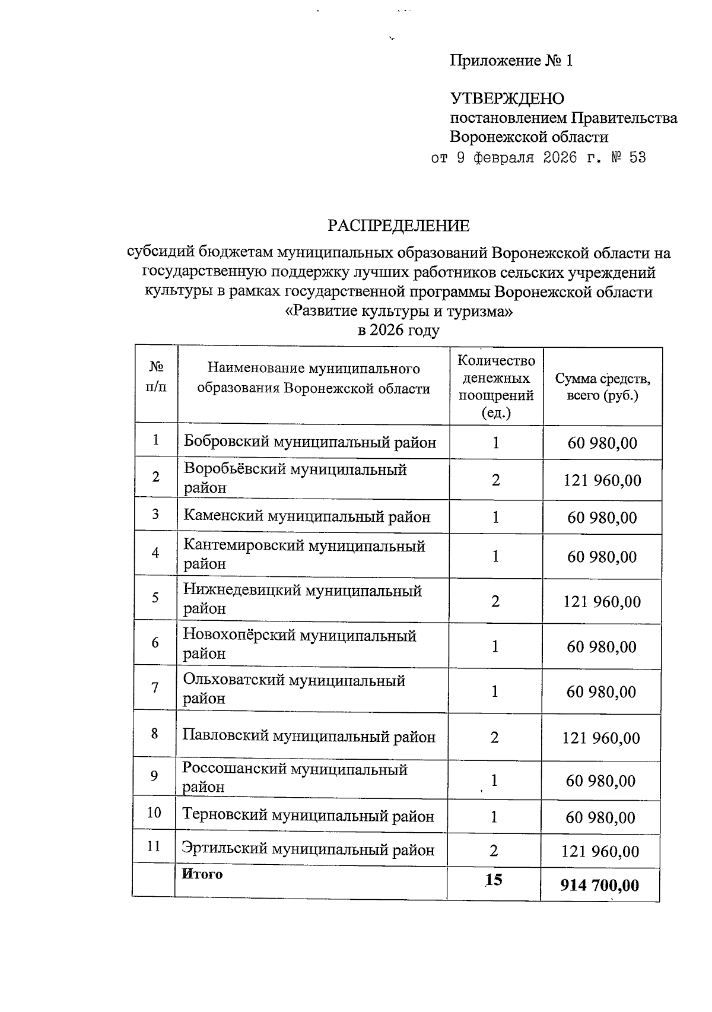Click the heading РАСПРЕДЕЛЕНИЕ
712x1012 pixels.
(399, 226)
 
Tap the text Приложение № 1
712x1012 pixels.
(511, 61)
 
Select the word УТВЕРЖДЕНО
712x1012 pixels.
(507, 99)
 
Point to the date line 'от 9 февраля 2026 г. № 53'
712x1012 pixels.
(538, 158)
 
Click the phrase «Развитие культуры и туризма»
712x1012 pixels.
(399, 311)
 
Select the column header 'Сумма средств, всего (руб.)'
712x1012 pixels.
(602, 386)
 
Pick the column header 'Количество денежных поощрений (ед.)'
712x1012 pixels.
(496, 386)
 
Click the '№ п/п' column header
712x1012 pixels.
(156, 377)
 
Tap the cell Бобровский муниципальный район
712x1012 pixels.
(310, 442)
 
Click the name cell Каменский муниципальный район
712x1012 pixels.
(307, 516)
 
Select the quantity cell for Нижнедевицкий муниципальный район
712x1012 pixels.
(495, 601)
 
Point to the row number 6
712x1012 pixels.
(155, 642)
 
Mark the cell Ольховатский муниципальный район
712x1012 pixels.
(294, 689)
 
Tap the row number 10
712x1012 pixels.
(154, 813)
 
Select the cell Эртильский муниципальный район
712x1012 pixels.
(308, 850)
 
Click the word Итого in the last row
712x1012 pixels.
(202, 874)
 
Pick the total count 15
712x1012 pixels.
(493, 880)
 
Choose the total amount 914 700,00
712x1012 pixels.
(599, 886)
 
